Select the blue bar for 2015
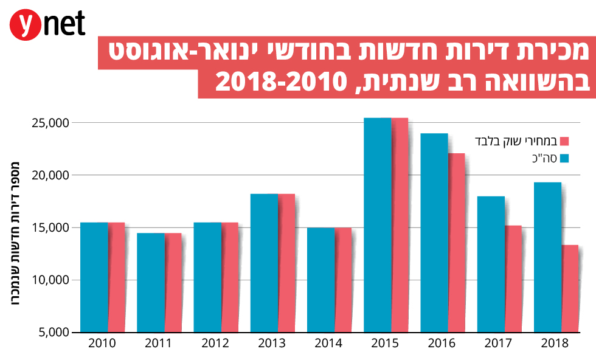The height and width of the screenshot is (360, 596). click(x=377, y=225)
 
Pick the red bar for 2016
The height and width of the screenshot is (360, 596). click(x=457, y=243)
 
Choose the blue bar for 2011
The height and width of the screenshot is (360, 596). click(x=150, y=283)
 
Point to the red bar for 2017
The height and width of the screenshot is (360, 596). click(x=513, y=279)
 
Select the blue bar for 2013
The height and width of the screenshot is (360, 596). click(x=264, y=263)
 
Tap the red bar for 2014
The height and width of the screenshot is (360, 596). click(x=344, y=280)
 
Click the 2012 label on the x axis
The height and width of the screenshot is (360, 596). click(x=215, y=344)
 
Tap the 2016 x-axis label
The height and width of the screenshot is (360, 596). click(x=442, y=344)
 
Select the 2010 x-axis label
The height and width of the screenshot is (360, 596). click(x=102, y=344)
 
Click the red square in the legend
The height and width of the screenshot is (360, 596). click(x=564, y=141)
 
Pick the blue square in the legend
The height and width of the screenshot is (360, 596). click(x=564, y=159)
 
